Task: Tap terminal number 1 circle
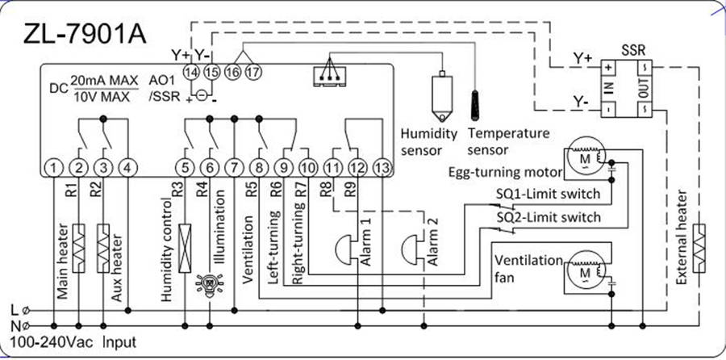pyautogui.click(x=53, y=168)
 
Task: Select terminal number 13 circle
pyautogui.click(x=382, y=168)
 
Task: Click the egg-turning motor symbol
pyautogui.click(x=582, y=158)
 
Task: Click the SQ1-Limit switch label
pyautogui.click(x=548, y=195)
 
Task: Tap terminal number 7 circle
pyautogui.click(x=234, y=168)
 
